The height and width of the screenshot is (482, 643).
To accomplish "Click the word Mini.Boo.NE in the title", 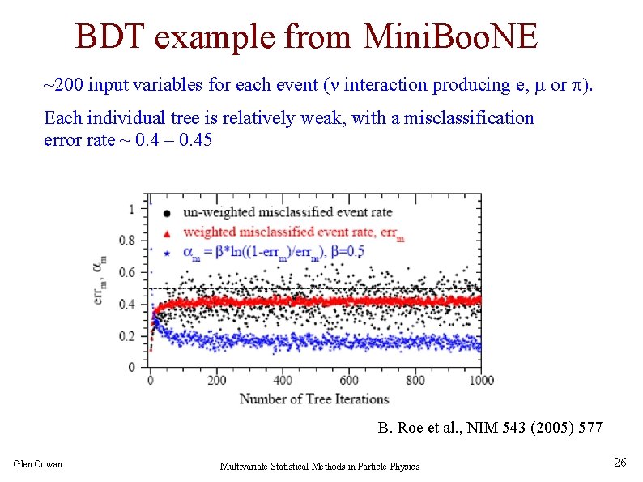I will (x=451, y=36).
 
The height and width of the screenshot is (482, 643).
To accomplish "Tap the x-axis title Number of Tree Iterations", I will (x=314, y=399).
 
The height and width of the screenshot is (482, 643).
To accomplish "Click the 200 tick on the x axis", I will (x=216, y=380).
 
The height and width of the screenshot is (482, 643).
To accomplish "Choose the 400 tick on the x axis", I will (x=283, y=380).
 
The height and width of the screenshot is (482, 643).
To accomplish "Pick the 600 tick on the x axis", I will (x=349, y=380).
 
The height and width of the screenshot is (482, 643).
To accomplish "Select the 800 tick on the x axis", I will (x=415, y=380).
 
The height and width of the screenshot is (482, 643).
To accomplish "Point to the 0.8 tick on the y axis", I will (x=127, y=240).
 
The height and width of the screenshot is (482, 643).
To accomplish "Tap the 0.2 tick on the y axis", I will (x=127, y=335).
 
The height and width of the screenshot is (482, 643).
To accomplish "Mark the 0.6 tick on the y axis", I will (x=127, y=272).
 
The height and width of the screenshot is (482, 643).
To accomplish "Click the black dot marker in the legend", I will (x=166, y=213).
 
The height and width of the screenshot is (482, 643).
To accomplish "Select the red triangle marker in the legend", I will (x=166, y=233).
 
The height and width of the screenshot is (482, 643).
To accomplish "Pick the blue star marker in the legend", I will (x=166, y=254).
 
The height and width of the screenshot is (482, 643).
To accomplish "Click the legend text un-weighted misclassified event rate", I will (x=287, y=212).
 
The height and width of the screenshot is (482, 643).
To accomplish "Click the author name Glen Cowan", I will (x=38, y=463).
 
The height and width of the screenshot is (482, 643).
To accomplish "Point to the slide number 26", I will (x=620, y=463).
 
